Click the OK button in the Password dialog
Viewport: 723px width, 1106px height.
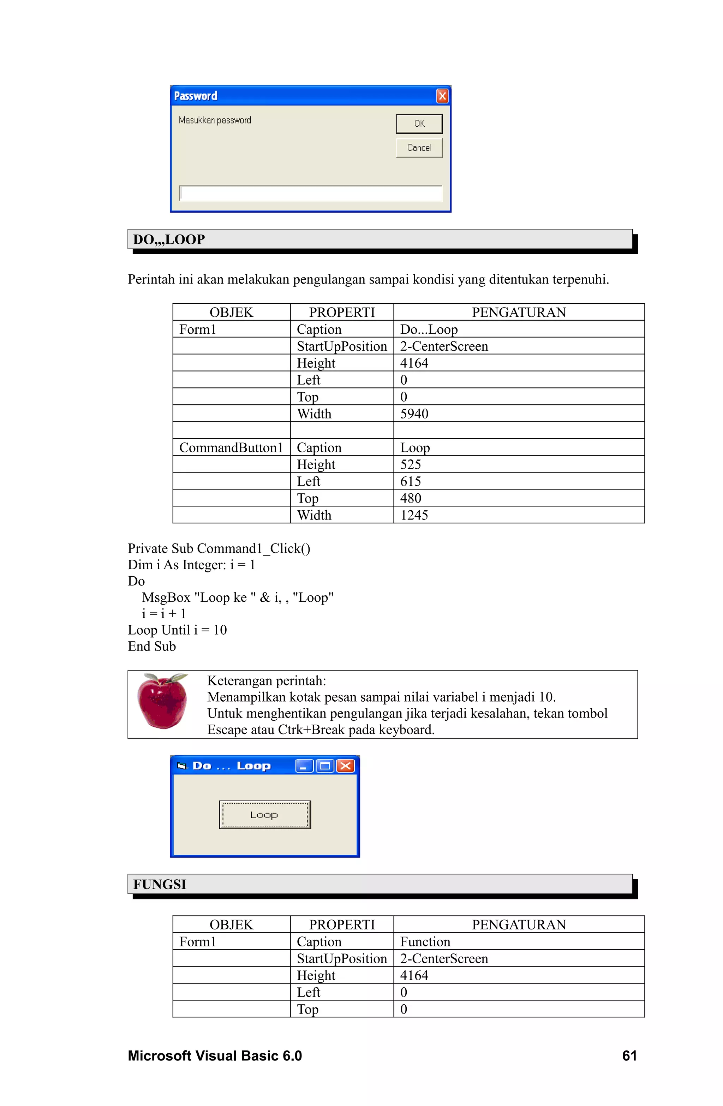(x=419, y=124)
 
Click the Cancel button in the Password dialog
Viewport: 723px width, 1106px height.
(x=419, y=148)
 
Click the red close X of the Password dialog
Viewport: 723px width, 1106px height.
(x=442, y=96)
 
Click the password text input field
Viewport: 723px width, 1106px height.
(x=310, y=193)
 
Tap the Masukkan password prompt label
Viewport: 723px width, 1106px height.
(x=215, y=120)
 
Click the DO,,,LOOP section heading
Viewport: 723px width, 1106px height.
(x=169, y=239)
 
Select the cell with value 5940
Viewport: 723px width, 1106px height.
(x=414, y=414)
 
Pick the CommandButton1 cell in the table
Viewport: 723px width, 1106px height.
(x=231, y=447)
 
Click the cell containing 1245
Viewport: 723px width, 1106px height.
(x=414, y=515)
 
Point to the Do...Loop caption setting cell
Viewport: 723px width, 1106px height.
(x=429, y=329)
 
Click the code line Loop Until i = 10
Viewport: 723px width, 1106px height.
(x=177, y=630)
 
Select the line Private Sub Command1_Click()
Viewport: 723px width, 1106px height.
(x=219, y=548)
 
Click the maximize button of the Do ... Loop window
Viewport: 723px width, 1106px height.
(x=325, y=766)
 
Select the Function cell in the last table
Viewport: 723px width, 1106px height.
(x=425, y=941)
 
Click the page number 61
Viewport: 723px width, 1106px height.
(x=629, y=1056)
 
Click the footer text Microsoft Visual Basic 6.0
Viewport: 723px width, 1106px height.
(x=215, y=1056)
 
